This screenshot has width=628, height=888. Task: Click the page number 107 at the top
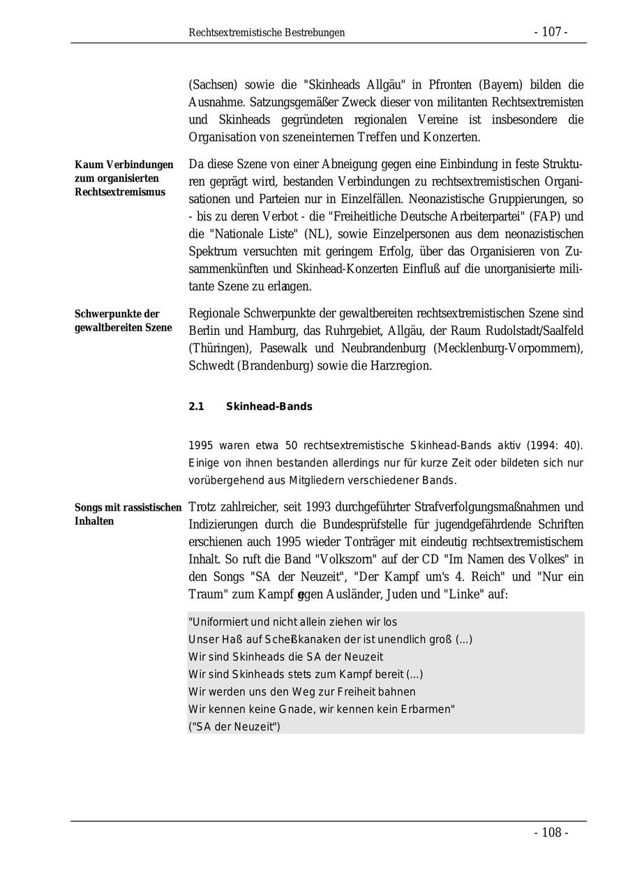tap(551, 32)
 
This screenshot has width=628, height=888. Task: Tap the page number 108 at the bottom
tap(551, 833)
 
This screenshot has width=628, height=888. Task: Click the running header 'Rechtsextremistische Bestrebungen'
tap(267, 33)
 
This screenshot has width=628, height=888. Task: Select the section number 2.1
tap(196, 407)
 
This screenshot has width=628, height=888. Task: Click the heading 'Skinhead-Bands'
tap(269, 407)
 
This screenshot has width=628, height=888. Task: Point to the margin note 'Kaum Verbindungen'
tap(124, 165)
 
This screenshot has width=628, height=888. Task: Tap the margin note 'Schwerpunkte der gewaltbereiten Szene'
tap(124, 321)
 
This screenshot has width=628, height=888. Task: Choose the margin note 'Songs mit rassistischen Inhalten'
tap(128, 514)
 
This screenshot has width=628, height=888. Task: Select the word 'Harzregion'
tap(398, 366)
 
